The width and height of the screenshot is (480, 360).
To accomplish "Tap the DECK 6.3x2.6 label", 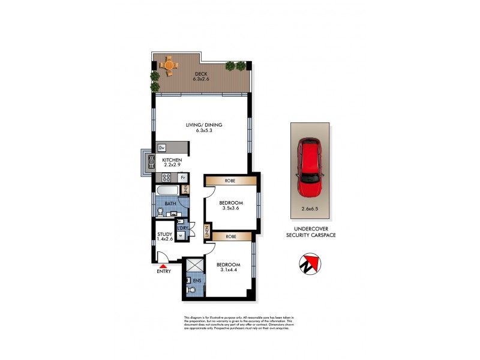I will pos(200,76).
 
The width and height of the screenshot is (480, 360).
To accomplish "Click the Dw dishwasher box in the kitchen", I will pos(162,148).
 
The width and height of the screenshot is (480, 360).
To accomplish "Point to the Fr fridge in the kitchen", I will pos(182,178).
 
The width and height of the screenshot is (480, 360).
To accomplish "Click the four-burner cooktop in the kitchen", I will pos(166,178).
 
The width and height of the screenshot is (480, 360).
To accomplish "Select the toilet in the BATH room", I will pos(160,211).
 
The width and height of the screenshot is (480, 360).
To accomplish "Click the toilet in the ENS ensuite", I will pos(191,290).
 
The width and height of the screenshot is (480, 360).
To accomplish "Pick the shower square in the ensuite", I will pos(195,266).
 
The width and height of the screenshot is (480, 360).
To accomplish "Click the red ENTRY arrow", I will pos(163,265).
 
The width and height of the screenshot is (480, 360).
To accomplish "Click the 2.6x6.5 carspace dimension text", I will pos(310,209).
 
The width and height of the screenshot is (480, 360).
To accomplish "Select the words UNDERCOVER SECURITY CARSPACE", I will pos(310,232).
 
